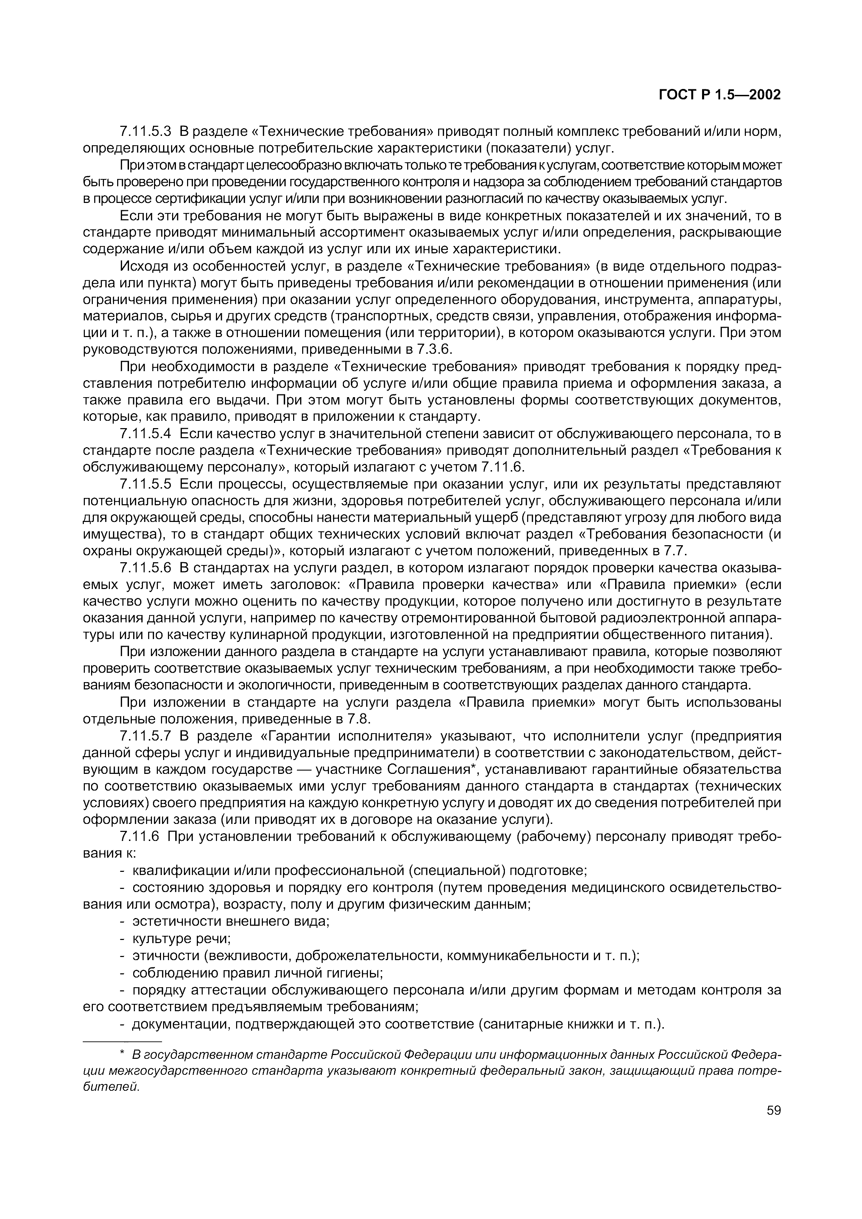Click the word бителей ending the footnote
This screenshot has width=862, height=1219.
[111, 1086]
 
